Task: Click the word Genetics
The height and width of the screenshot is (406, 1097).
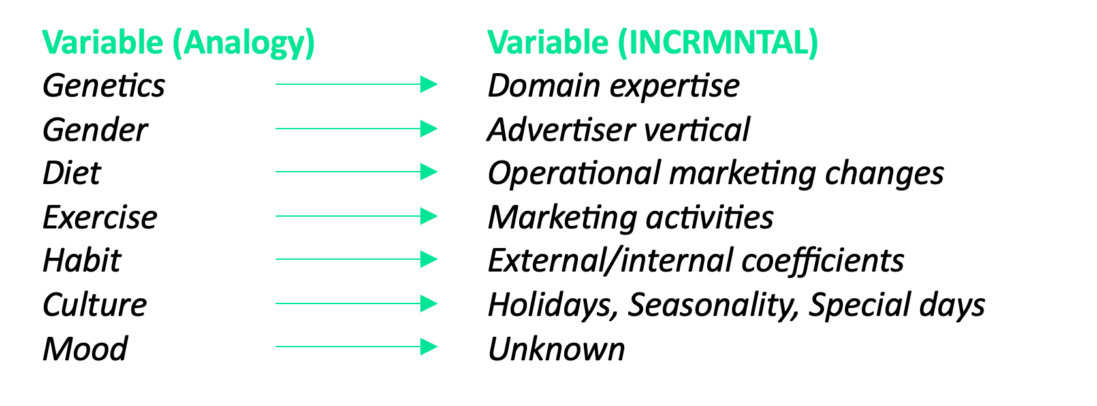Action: pos(104,86)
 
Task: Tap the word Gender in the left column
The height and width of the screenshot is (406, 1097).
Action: pos(95,129)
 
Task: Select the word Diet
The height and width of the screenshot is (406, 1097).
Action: pos(72,172)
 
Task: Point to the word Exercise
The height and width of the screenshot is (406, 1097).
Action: pos(100,217)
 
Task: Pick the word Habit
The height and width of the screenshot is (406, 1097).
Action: pos(82,260)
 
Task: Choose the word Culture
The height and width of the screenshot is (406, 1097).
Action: pos(95,304)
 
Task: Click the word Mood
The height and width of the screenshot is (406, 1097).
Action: pos(85,348)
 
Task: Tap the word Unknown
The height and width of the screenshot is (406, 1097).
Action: pos(556,348)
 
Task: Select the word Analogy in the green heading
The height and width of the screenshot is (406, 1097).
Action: pos(244,43)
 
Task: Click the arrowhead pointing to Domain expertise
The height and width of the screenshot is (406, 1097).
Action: pos(428,84)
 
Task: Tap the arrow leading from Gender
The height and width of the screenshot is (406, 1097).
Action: pos(356,129)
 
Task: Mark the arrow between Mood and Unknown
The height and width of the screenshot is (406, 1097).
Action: pos(356,347)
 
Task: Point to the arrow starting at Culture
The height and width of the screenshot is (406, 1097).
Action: pos(356,304)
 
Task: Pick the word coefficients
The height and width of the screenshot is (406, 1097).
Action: pos(823,260)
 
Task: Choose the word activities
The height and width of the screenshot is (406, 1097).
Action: pos(710,217)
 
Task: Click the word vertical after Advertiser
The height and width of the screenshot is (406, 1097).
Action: pos(696,129)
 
